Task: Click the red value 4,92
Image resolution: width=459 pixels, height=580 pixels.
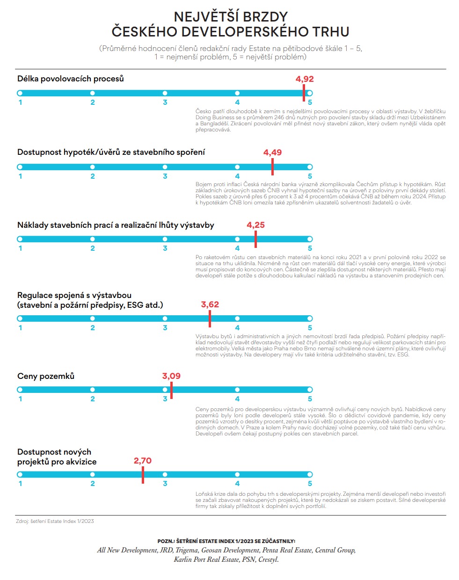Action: click(x=305, y=79)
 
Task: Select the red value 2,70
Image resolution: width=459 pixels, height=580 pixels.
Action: click(x=143, y=461)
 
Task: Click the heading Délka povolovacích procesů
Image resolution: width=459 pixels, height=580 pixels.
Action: click(x=70, y=79)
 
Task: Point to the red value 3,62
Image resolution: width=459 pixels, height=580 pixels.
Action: click(x=210, y=304)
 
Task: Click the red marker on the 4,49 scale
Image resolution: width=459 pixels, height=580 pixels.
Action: click(x=272, y=167)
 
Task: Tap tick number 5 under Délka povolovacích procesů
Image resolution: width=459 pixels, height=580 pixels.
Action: click(x=310, y=102)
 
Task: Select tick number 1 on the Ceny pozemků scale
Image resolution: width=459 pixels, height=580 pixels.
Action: click(x=20, y=399)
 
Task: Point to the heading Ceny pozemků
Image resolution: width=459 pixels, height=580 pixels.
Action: click(x=46, y=376)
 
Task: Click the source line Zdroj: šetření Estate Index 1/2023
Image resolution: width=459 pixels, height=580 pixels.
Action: click(x=55, y=521)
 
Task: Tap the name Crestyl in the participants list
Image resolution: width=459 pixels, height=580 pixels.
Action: click(x=268, y=559)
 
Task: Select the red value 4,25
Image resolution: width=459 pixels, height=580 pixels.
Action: click(x=255, y=225)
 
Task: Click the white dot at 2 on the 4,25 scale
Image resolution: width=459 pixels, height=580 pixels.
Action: click(x=93, y=239)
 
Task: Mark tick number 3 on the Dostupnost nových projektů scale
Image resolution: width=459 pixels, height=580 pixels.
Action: click(x=165, y=484)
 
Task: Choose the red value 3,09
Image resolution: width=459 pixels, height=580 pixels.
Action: click(x=171, y=376)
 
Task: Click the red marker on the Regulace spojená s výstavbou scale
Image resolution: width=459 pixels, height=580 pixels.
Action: click(x=210, y=319)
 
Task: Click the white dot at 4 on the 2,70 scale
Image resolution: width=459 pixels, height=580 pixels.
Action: click(x=237, y=474)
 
